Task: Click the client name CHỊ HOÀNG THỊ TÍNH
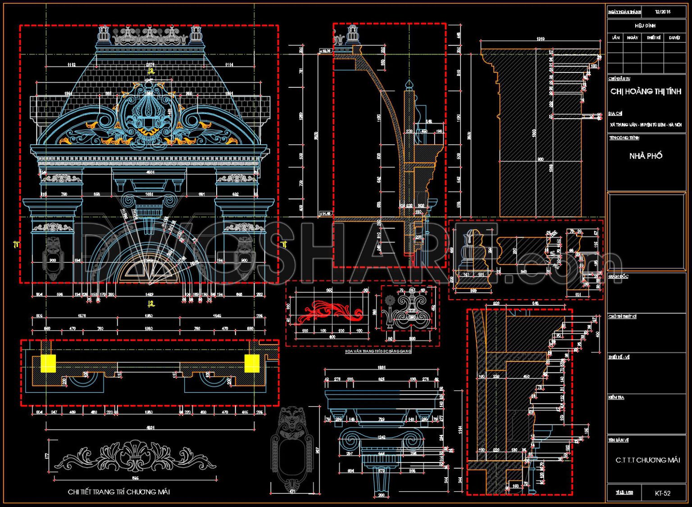pos(646,91)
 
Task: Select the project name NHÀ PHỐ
pos(646,156)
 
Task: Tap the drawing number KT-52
pos(662,493)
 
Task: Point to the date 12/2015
pos(662,12)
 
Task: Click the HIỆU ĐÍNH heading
pos(645,26)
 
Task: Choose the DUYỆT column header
pos(674,38)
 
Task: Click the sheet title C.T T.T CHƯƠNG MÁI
pos(647,460)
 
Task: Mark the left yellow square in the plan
pos(48,363)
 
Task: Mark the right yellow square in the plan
pos(252,363)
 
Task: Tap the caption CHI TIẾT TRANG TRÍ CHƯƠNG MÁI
pos(118,492)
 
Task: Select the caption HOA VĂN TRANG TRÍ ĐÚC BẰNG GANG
pos(378,351)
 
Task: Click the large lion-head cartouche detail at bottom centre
pos(292,445)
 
